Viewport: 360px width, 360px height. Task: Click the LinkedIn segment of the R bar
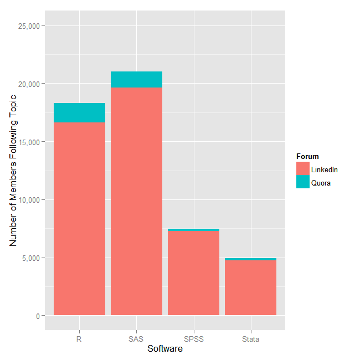click(79, 219)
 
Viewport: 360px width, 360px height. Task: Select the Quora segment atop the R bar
click(79, 113)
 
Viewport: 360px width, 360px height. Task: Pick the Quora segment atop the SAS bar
click(136, 79)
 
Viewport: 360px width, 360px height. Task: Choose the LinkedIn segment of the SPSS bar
click(193, 273)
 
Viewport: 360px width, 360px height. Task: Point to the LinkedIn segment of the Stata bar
click(250, 287)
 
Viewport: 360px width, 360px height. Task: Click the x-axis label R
click(79, 339)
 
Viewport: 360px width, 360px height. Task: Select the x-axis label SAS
click(136, 339)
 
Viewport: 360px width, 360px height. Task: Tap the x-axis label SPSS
click(193, 339)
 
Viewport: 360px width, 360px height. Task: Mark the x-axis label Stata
click(250, 339)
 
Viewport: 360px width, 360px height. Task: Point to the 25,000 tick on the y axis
click(28, 25)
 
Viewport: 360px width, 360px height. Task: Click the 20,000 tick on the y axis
click(28, 84)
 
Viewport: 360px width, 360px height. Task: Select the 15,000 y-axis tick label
click(28, 142)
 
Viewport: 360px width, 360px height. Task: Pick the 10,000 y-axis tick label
click(28, 200)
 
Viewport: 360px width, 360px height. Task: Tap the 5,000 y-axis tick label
click(30, 258)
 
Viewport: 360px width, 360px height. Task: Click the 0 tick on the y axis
click(37, 316)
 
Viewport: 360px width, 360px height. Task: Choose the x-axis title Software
click(165, 349)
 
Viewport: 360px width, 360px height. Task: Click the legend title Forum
click(307, 156)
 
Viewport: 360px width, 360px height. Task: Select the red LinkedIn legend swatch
click(303, 169)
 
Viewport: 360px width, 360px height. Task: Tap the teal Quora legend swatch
click(303, 182)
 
